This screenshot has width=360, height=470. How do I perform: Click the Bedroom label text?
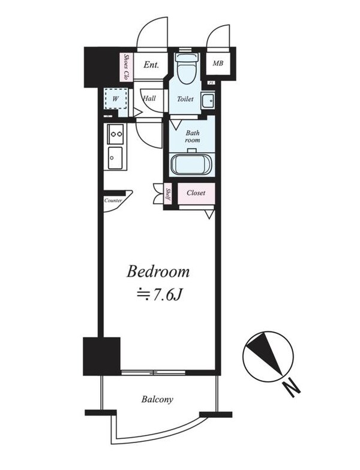[158, 272]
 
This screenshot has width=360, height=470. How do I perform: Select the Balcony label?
[157, 399]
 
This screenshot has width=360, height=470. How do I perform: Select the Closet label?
[196, 193]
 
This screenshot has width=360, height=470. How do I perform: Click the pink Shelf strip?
[168, 194]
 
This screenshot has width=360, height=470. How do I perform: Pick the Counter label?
[113, 200]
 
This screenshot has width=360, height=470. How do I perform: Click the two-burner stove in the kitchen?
[115, 134]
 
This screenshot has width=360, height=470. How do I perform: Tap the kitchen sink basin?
[115, 158]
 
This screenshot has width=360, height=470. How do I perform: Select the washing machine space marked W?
[115, 98]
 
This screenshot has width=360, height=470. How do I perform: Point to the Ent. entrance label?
[151, 65]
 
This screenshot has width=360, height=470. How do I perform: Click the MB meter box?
[218, 64]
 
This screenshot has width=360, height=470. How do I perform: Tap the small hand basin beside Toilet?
[208, 101]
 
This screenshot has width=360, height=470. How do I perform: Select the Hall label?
[149, 98]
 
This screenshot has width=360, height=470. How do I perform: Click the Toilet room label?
[185, 99]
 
